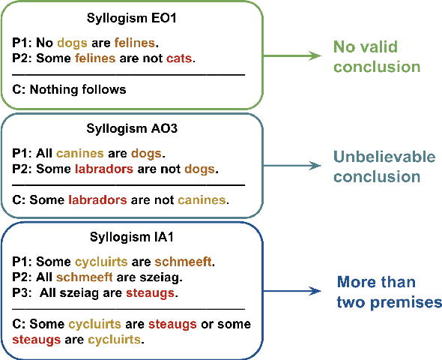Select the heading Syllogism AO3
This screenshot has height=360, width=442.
[x=131, y=127]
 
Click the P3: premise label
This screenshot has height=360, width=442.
[x=24, y=292]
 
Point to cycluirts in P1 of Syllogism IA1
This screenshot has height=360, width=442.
[x=101, y=262]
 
